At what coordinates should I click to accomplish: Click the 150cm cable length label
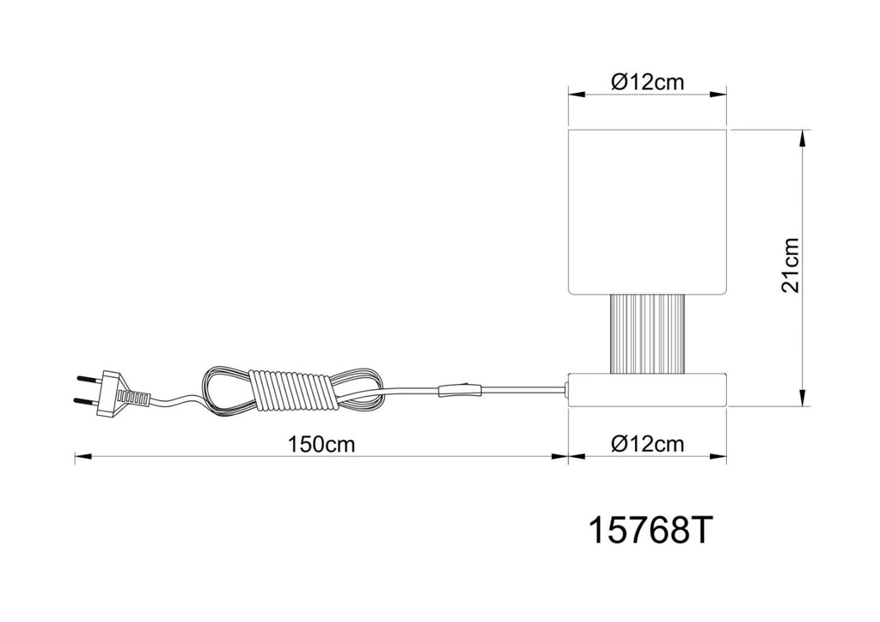(x=321, y=444)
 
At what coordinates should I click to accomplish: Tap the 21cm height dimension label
(x=791, y=265)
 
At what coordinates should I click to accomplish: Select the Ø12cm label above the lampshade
(x=648, y=82)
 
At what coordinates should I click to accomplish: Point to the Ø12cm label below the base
(x=648, y=444)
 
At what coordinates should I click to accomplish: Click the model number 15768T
(x=650, y=530)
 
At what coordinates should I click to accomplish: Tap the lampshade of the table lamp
(x=648, y=212)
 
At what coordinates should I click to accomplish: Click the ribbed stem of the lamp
(x=648, y=334)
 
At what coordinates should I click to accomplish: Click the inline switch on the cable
(x=461, y=390)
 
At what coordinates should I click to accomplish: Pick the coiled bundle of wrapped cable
(x=292, y=392)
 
